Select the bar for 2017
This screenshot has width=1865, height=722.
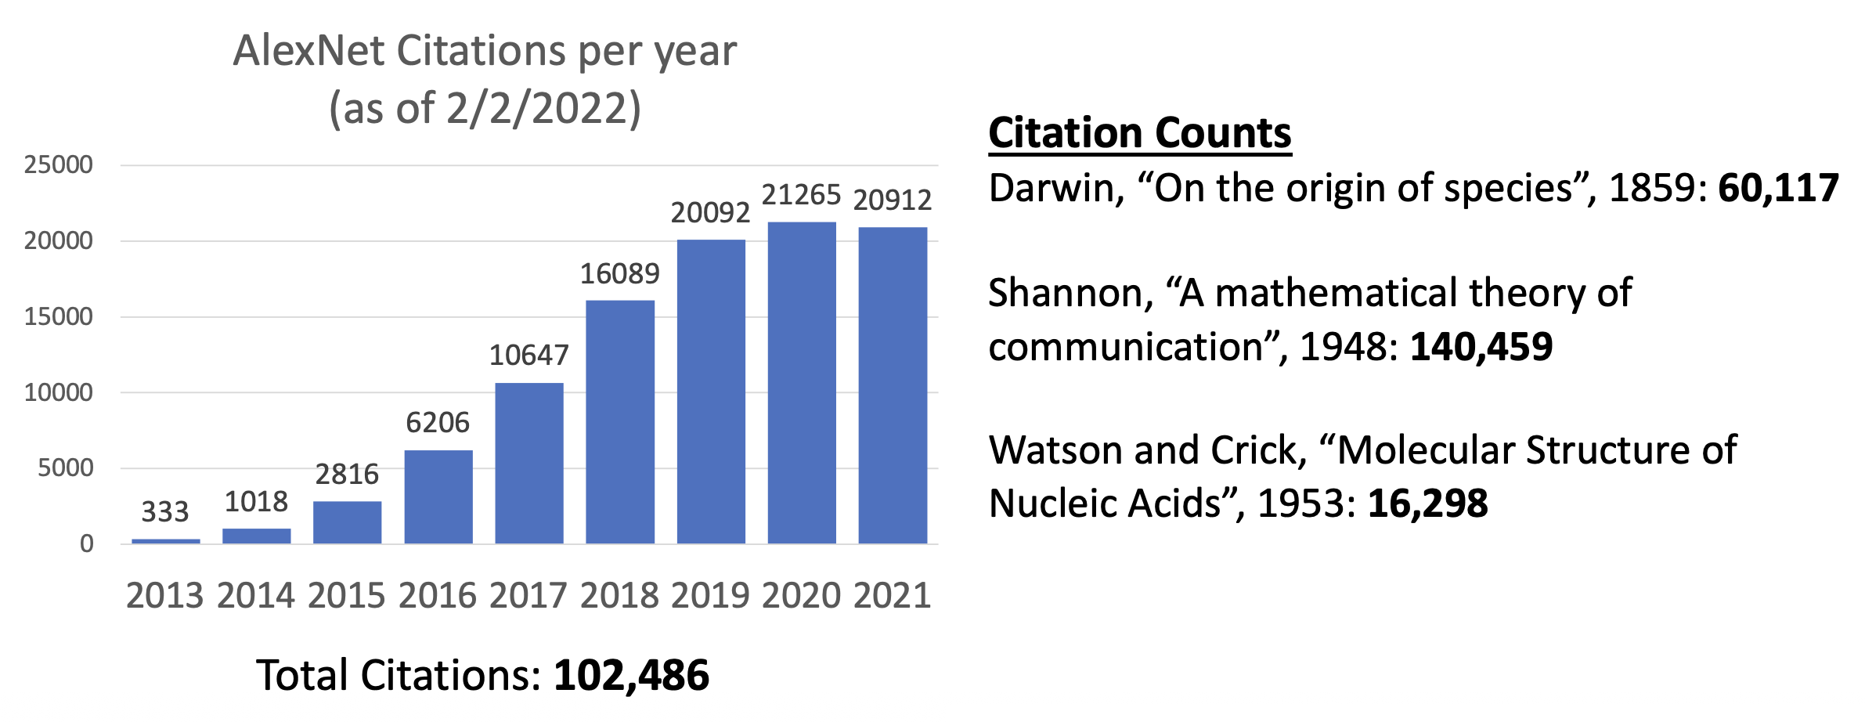click(x=529, y=463)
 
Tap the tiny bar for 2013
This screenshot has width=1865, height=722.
click(x=166, y=540)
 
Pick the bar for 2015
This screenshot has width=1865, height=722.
click(x=347, y=522)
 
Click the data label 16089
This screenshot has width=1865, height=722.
click(x=619, y=274)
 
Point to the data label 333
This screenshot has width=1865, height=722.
click(x=165, y=512)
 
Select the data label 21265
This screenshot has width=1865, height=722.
click(x=801, y=195)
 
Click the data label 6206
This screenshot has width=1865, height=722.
click(x=438, y=423)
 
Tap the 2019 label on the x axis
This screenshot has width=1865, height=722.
click(x=710, y=596)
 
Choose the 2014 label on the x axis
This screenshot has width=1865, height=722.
click(x=256, y=596)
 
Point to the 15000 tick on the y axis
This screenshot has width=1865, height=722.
click(x=59, y=316)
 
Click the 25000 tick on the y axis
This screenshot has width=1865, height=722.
click(x=59, y=164)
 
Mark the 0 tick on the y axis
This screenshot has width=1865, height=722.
click(x=86, y=543)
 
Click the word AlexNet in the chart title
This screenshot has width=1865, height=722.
click(x=308, y=52)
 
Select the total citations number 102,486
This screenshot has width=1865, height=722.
click(x=631, y=675)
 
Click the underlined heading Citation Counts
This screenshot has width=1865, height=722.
click(x=1140, y=133)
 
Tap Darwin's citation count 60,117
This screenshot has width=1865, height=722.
click(x=1778, y=189)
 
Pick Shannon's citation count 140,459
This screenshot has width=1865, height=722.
click(x=1481, y=347)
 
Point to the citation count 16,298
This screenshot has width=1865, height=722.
click(x=1427, y=504)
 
